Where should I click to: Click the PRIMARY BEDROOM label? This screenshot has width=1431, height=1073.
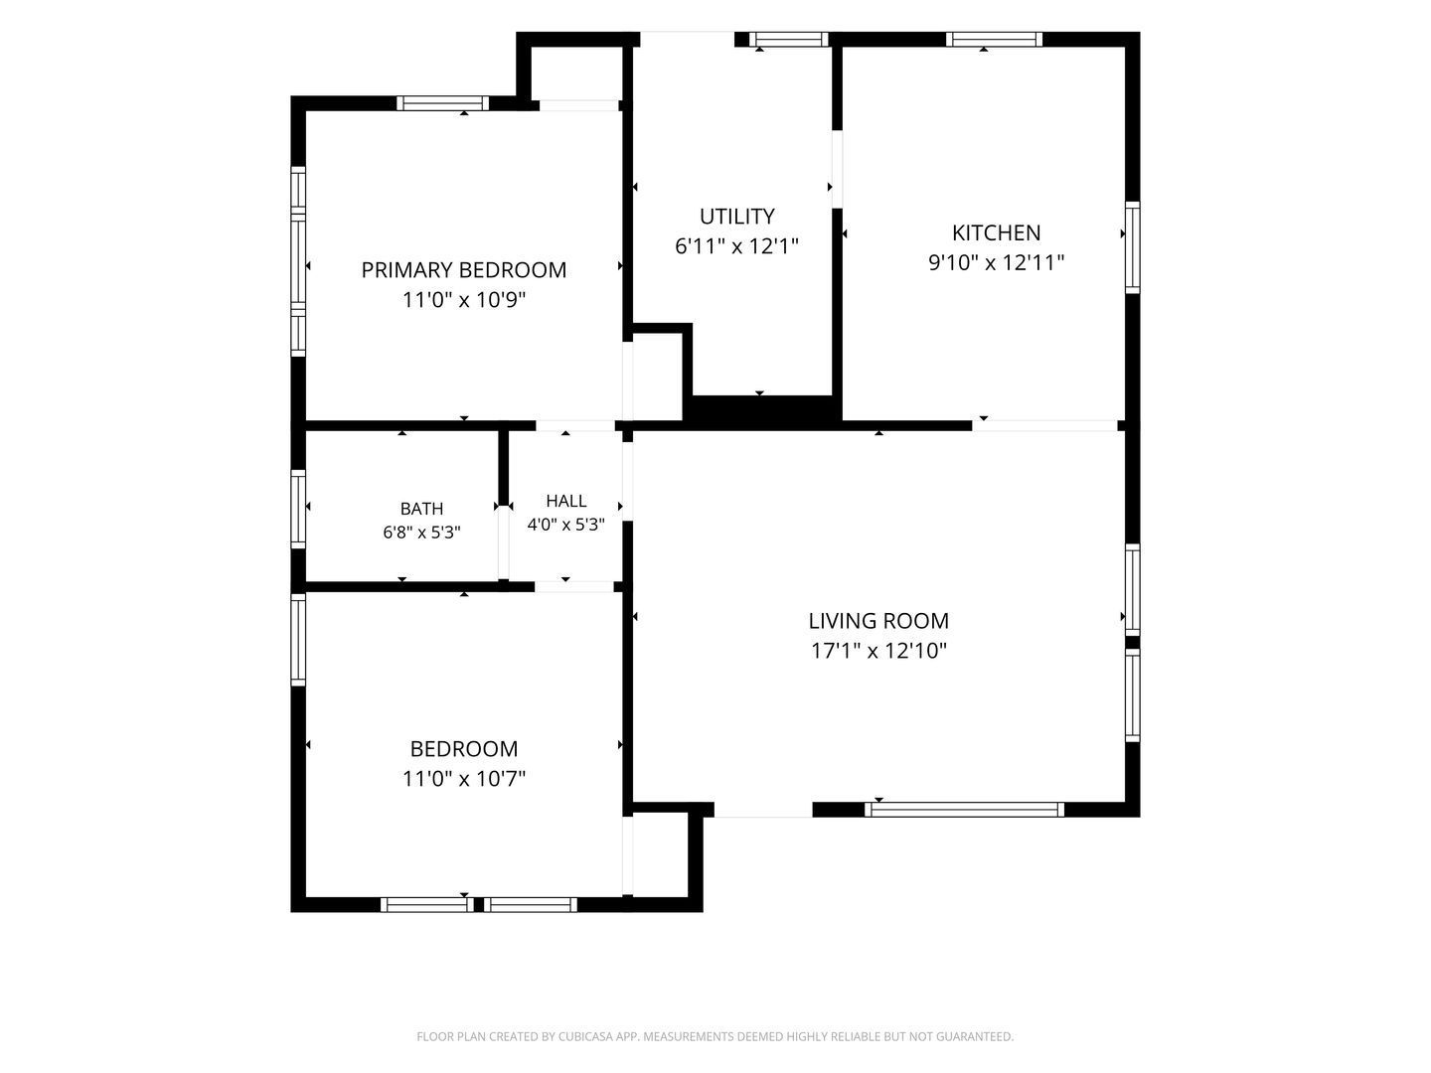tap(463, 269)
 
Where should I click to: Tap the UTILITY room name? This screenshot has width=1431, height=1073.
tap(736, 216)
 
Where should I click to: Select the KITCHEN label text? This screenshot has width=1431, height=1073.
tap(996, 232)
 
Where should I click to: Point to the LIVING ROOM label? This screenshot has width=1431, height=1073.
tap(878, 621)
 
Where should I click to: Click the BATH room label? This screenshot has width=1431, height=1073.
tap(421, 508)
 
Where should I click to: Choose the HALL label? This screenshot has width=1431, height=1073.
tap(565, 501)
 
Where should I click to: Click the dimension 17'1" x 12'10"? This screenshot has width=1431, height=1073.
tap(878, 650)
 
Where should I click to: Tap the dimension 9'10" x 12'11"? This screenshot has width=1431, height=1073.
tap(996, 262)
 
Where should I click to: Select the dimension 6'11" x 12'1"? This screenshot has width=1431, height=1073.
tap(736, 246)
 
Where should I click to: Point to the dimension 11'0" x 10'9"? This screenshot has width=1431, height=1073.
tap(463, 300)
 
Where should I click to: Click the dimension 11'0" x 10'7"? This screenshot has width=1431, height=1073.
tap(463, 778)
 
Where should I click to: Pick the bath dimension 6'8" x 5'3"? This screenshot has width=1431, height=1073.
tap(421, 533)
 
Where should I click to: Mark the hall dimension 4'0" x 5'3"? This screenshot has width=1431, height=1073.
tap(565, 525)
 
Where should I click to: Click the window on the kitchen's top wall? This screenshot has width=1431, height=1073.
tap(994, 39)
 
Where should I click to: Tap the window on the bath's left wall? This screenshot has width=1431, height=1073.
tap(298, 509)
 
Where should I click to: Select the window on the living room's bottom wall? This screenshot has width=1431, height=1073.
tap(964, 810)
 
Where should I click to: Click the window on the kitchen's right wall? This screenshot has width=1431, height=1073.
tap(1133, 247)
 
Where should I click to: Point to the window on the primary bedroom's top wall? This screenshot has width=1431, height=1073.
tap(442, 103)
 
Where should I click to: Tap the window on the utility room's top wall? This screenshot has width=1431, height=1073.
tap(788, 39)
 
